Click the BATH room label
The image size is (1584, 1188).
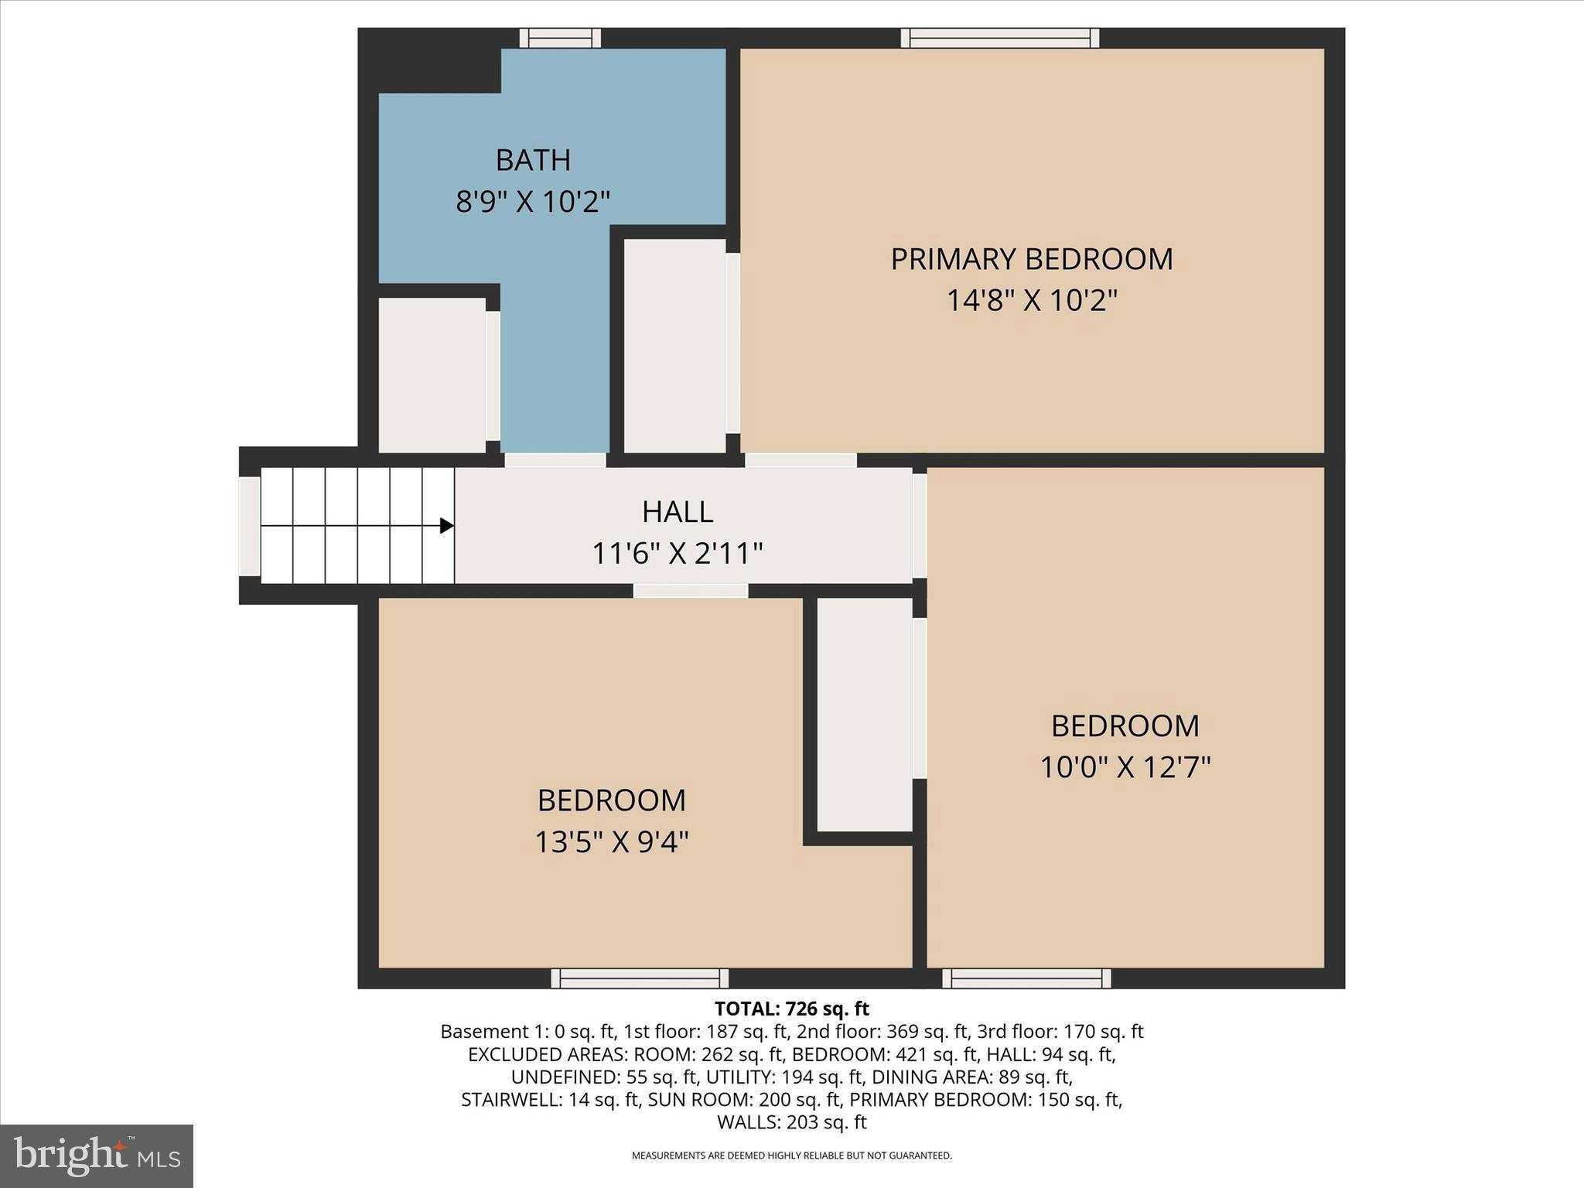[533, 160]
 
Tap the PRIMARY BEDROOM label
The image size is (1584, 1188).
[1031, 259]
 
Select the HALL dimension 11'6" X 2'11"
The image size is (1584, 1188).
[677, 554]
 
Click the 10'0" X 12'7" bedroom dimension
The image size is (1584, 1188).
[1125, 767]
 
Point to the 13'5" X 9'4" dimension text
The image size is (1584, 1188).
[611, 841]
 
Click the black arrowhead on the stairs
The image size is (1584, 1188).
[446, 526]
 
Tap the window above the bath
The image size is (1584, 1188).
[560, 38]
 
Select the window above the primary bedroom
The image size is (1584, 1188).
[1000, 38]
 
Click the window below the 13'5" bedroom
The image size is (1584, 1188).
[640, 978]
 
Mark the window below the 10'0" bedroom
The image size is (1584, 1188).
[1026, 978]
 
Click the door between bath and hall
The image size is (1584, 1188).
[555, 460]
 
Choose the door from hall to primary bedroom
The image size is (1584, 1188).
[801, 460]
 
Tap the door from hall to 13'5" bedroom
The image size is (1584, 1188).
[691, 591]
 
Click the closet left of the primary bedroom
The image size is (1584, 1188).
[674, 346]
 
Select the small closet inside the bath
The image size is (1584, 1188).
[432, 375]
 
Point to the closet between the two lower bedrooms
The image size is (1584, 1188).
[865, 715]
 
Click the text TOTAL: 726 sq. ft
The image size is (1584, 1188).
[791, 1009]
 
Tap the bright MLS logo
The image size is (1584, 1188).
[97, 1156]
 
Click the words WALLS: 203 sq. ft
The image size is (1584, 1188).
[791, 1122]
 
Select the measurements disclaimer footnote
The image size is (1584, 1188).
[791, 1156]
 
